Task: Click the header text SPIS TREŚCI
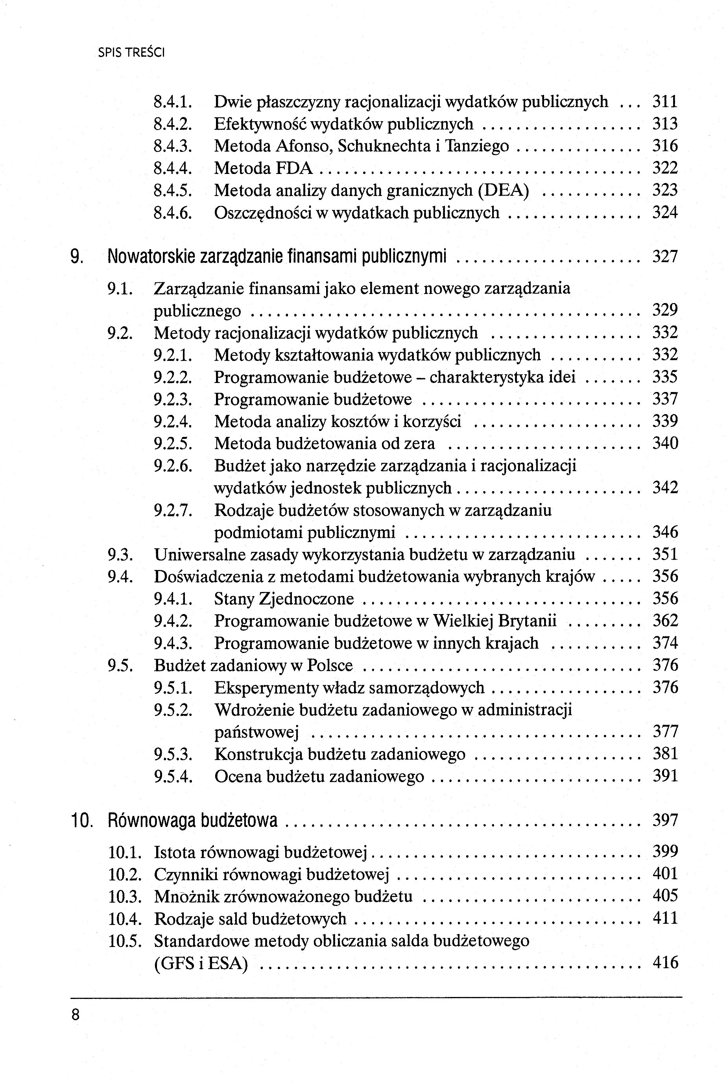131,53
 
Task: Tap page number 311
665,102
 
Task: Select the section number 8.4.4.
172,168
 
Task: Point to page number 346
665,532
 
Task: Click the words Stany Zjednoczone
284,599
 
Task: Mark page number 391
665,776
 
